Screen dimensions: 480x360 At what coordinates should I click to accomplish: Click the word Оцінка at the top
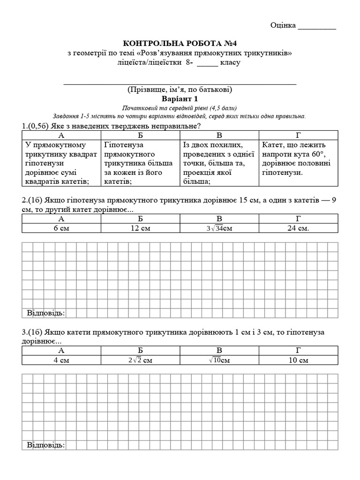click(x=283, y=25)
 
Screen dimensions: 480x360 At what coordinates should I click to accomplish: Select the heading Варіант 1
click(x=180, y=98)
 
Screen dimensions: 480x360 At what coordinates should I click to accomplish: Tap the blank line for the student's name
click(x=180, y=82)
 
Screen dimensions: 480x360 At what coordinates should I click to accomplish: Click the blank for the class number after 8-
click(x=207, y=63)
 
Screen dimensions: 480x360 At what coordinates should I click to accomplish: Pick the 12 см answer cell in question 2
click(x=140, y=228)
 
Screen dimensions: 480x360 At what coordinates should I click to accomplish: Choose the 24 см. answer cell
click(x=298, y=228)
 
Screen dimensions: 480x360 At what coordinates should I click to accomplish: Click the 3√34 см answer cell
click(x=219, y=228)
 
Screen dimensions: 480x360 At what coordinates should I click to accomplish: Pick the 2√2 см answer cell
click(x=140, y=360)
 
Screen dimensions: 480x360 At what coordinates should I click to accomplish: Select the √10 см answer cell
click(x=219, y=360)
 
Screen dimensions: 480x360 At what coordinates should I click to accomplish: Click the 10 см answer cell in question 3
click(x=298, y=360)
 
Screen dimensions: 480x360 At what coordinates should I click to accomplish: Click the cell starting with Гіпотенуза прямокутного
click(x=140, y=163)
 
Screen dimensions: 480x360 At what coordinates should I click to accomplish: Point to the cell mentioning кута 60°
click(x=298, y=158)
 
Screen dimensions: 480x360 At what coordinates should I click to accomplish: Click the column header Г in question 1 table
click(x=298, y=135)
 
